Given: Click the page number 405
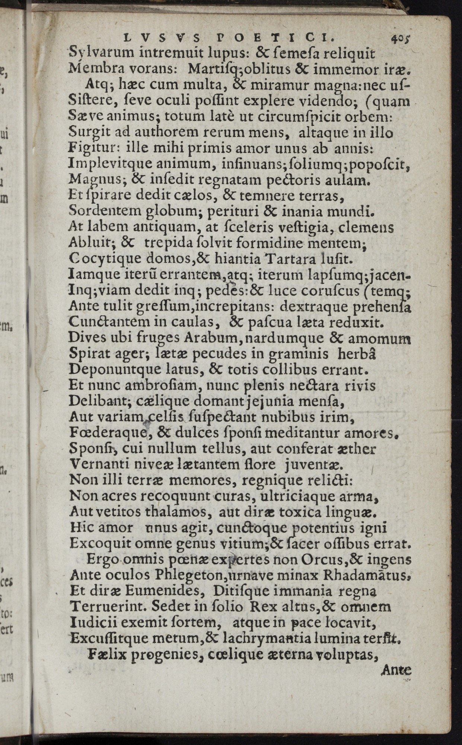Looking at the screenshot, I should click(400, 38).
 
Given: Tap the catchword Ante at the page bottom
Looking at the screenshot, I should click(396, 670).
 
